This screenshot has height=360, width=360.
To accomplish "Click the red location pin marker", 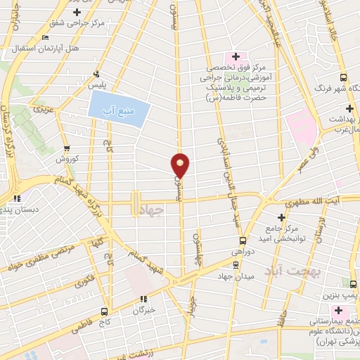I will (x=181, y=165).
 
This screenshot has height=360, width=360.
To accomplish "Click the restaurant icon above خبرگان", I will (x=143, y=298).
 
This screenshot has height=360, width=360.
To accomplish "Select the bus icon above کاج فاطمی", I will (x=104, y=311).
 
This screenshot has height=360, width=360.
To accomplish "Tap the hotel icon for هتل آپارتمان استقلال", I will (x=46, y=38).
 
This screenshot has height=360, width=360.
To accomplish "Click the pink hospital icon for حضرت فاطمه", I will (x=236, y=56).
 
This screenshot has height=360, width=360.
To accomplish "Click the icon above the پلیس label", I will (x=96, y=74).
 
